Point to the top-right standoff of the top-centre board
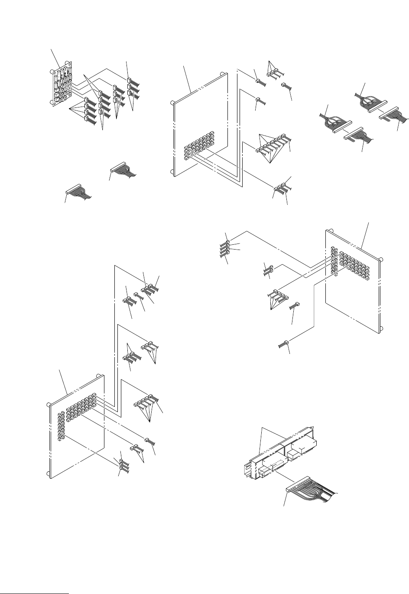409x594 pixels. [x=223, y=74]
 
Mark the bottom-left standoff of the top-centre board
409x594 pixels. [x=172, y=172]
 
